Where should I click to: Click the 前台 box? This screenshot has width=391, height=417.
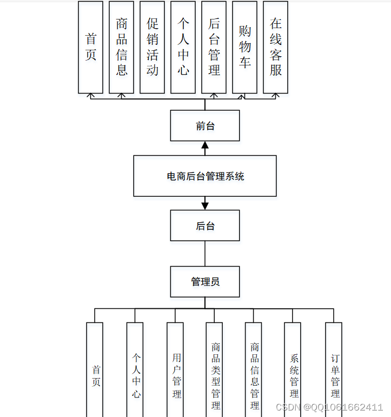(205, 125)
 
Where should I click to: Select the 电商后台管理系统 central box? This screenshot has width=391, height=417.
(205, 176)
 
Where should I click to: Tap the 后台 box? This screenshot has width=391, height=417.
(205, 226)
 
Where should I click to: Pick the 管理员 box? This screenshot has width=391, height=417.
(205, 281)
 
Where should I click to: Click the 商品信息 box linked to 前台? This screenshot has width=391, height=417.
(122, 47)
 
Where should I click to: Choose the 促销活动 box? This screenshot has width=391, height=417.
(153, 47)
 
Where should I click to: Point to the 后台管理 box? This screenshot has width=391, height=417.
(214, 47)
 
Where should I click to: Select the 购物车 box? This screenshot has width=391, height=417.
(245, 47)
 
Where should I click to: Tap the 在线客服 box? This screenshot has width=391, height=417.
(276, 47)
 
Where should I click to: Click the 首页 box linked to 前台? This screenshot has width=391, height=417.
(91, 47)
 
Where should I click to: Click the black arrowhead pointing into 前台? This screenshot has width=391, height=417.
(205, 145)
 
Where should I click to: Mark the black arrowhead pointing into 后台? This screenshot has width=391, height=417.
(205, 206)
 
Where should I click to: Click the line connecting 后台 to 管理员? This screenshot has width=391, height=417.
(205, 253)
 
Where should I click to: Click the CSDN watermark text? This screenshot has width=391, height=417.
(329, 407)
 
